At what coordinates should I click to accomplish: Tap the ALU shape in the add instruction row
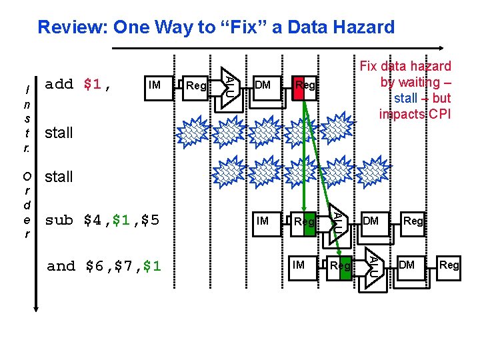tap(228, 85)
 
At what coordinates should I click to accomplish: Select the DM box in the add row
tap(263, 85)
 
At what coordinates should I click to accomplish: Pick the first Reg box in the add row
tap(196, 85)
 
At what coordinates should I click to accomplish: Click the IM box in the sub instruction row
tap(263, 221)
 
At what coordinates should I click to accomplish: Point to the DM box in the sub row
tap(371, 221)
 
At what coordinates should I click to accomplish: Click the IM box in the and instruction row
tap(299, 265)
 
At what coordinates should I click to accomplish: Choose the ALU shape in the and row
tap(375, 265)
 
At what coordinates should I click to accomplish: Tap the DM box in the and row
tap(407, 265)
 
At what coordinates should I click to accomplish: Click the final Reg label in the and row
tap(449, 265)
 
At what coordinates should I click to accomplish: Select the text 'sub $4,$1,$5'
tap(102, 220)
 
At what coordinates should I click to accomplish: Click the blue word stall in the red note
tap(405, 98)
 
